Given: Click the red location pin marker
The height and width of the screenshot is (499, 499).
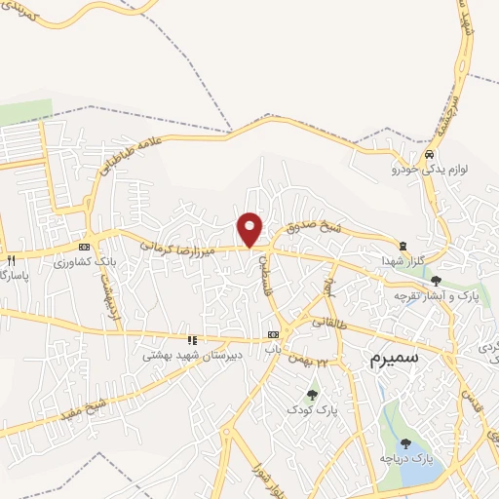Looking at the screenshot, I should (x=250, y=228).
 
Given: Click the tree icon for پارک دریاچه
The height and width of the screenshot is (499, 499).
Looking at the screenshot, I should (x=405, y=443).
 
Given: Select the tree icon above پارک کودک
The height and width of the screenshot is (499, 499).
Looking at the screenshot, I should (x=312, y=395).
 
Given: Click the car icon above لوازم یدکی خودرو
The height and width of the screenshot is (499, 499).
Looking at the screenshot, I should (x=429, y=156).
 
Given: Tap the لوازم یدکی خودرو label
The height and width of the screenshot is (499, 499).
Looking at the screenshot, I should (x=431, y=170).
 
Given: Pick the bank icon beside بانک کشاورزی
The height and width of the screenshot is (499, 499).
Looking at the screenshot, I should (x=85, y=247).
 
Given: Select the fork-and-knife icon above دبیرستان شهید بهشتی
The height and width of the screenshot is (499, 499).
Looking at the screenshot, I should (x=192, y=340).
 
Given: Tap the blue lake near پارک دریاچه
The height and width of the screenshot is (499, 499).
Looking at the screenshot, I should (x=414, y=474).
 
